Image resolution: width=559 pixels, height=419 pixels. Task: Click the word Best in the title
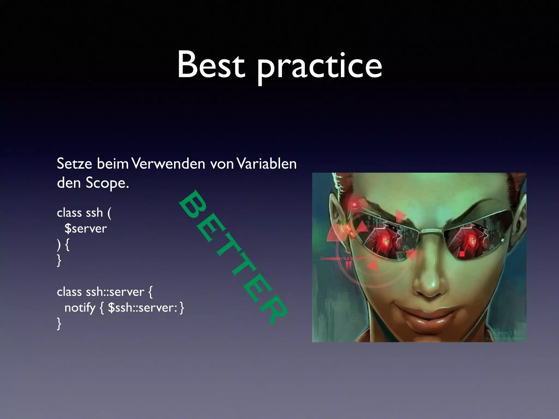tap(211, 65)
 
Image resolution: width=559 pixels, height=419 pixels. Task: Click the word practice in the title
tap(319, 67)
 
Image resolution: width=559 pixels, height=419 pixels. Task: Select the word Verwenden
tap(168, 164)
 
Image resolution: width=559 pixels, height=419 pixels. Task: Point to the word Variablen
tap(266, 164)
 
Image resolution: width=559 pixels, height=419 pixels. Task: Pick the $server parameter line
tap(85, 228)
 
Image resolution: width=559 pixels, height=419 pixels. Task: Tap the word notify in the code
tap(80, 308)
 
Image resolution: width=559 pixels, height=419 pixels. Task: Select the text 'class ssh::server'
tap(100, 292)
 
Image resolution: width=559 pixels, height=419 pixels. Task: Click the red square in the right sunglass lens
tap(462, 254)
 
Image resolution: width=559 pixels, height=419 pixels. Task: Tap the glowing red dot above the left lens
tap(355, 204)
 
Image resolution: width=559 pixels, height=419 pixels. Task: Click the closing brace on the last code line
tap(59, 324)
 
